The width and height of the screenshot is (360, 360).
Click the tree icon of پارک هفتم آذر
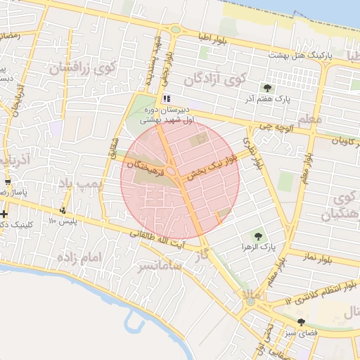[267, 87]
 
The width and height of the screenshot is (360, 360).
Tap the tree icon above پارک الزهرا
[259, 236]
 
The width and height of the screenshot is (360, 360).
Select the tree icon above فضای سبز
[302, 321]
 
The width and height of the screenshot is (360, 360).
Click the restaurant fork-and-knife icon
[167, 99]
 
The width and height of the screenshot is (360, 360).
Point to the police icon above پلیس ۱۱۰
[65, 210]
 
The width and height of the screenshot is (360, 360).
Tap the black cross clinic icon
[5, 213]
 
